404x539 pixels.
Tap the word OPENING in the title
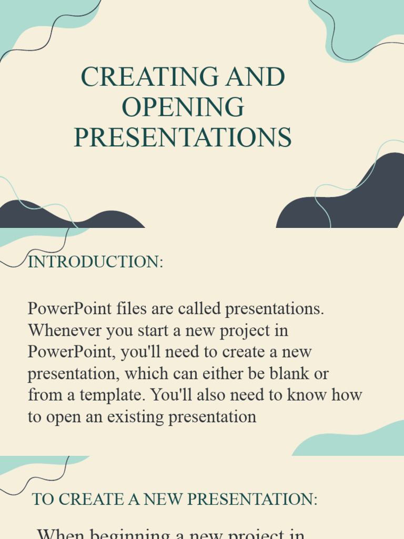click(x=183, y=107)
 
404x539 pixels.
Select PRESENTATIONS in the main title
click(x=183, y=137)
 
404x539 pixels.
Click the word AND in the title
click(x=255, y=77)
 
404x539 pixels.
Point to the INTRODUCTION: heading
click(x=95, y=262)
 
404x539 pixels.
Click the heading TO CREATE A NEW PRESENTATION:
click(x=175, y=499)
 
